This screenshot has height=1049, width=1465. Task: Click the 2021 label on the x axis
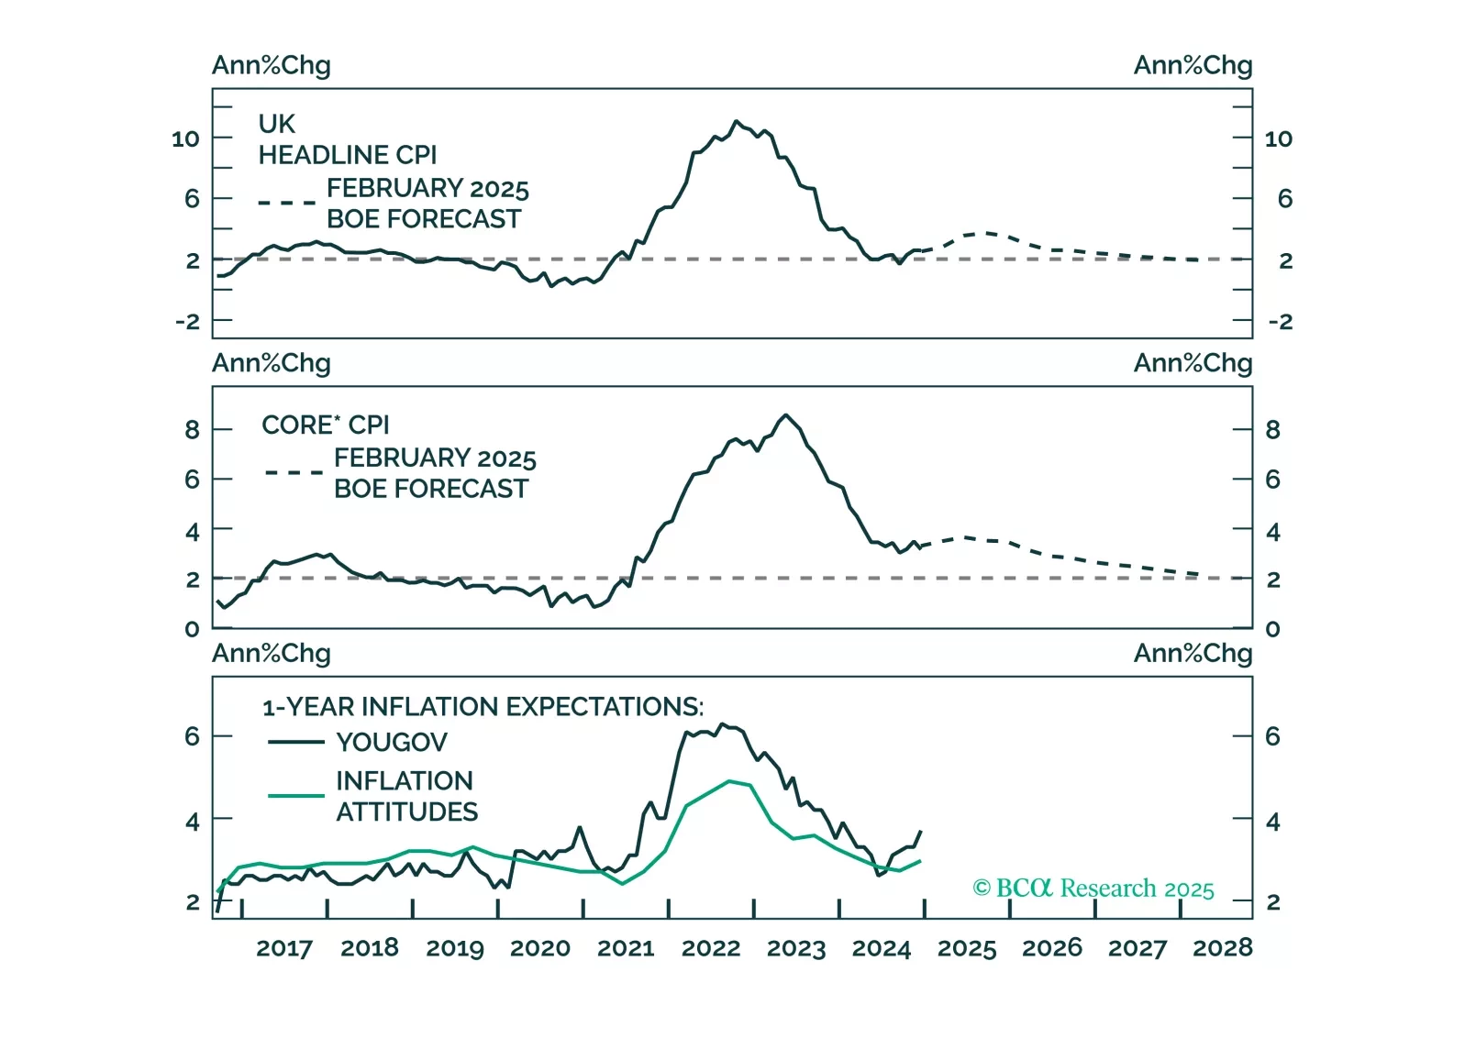626,948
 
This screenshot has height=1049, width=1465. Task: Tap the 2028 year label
1222,948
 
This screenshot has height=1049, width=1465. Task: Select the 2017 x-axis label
284,948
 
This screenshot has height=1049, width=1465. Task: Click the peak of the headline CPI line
736,121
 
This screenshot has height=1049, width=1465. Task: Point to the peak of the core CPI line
786,415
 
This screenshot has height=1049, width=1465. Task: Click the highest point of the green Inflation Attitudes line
730,781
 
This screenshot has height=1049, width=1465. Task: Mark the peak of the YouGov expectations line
722,724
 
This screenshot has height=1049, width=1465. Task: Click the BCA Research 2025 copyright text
1093,889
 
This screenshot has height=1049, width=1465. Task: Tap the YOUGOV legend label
392,742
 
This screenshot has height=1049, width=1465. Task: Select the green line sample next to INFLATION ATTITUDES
295,795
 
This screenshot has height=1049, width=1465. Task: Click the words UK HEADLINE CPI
347,139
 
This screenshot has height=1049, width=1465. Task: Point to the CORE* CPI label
326,425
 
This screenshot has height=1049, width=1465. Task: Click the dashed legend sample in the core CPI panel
294,473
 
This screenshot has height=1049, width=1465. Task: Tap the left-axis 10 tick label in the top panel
185,139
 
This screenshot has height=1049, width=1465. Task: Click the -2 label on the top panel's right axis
1280,322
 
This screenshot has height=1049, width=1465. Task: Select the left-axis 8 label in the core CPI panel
192,430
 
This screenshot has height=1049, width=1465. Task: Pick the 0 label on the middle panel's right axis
1272,629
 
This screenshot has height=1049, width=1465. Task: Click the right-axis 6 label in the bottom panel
1272,736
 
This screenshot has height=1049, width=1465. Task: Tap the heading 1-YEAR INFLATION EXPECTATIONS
483,707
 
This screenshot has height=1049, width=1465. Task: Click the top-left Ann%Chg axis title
272,66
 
